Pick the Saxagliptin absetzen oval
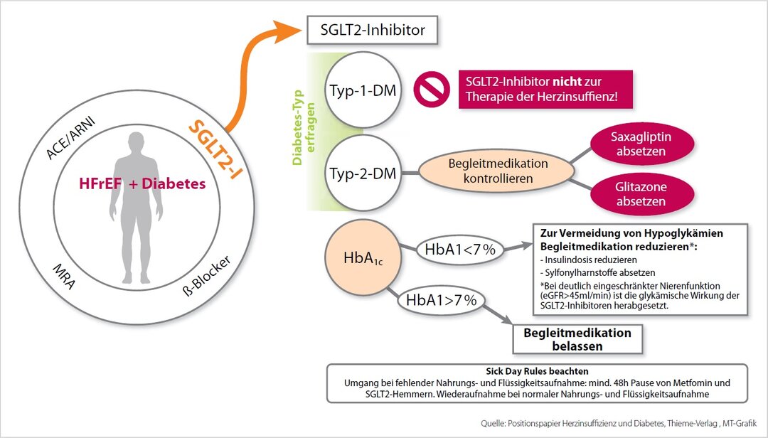(641, 143)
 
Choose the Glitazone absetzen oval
(641, 193)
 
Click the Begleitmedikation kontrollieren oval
(498, 171)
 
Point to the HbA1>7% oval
(441, 300)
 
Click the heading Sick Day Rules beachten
(537, 371)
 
